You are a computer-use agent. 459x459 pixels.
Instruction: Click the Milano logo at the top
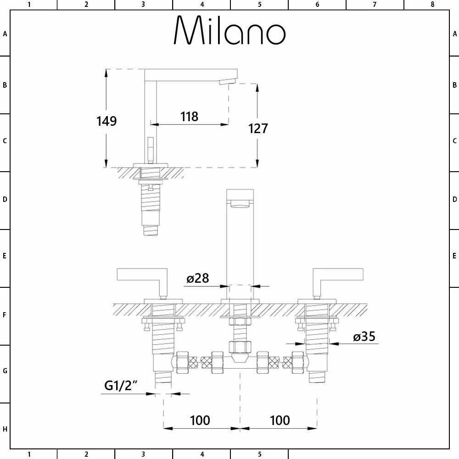click(x=229, y=30)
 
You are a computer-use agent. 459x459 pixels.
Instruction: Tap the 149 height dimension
click(x=106, y=121)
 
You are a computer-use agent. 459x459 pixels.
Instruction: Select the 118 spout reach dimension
click(x=190, y=117)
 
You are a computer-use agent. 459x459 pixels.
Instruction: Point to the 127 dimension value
click(x=258, y=129)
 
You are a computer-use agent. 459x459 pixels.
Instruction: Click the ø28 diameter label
click(x=198, y=278)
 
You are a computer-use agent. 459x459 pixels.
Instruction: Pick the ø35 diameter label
click(x=364, y=336)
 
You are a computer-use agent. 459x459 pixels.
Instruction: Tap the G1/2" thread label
click(x=121, y=386)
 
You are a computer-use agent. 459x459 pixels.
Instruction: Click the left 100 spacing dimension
click(x=200, y=420)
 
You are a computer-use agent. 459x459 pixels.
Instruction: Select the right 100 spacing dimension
click(x=280, y=420)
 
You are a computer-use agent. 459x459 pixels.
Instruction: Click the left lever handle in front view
click(x=142, y=280)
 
